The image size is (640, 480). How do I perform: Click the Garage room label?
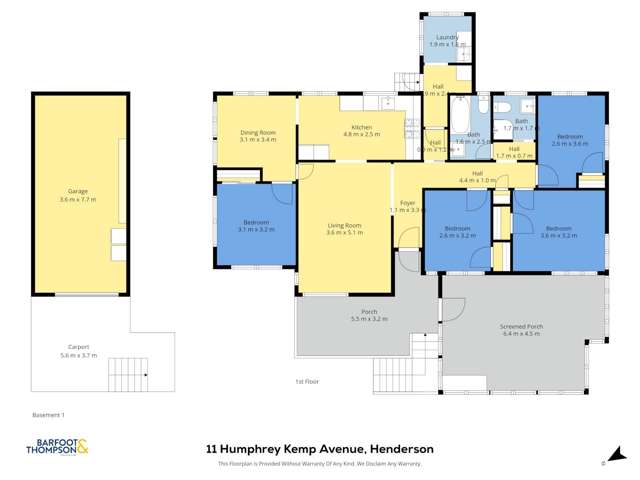pyautogui.click(x=74, y=193)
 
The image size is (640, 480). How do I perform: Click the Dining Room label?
pyautogui.click(x=257, y=136)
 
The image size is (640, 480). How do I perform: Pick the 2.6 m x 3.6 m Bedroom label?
pyautogui.click(x=569, y=139)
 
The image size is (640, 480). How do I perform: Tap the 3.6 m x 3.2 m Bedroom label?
pyautogui.click(x=558, y=233)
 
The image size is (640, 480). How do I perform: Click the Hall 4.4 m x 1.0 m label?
pyautogui.click(x=477, y=176)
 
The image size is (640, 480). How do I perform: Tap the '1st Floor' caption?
pyautogui.click(x=306, y=382)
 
